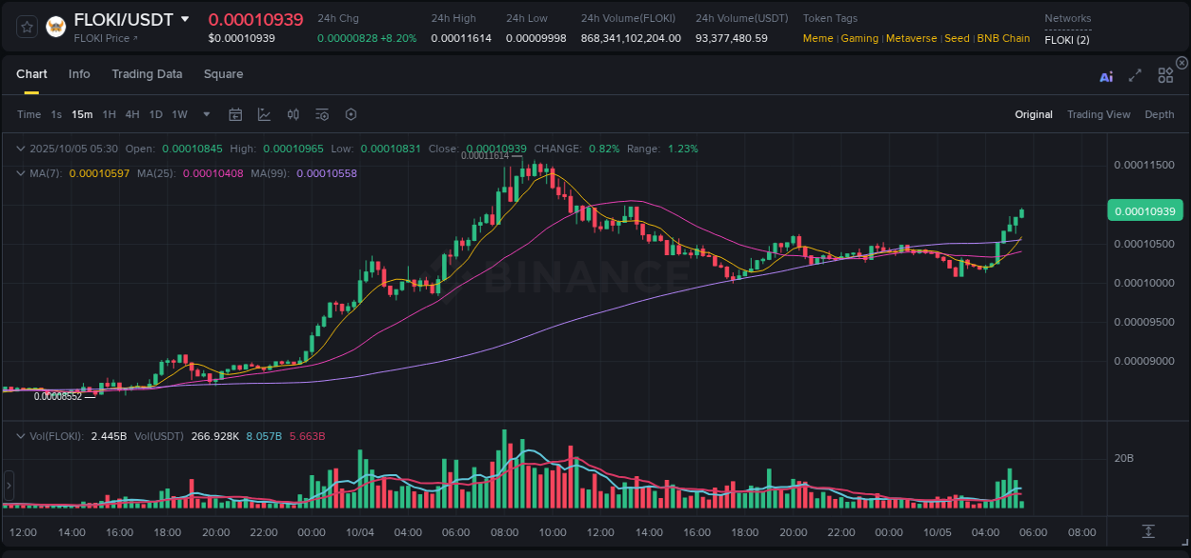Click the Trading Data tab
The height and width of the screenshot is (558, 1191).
pos(147,74)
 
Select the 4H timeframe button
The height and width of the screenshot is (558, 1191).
pos(132,114)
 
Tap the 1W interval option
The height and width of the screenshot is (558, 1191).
pos(179,114)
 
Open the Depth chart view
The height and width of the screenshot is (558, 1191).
pos(1159,114)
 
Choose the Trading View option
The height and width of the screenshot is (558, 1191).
pos(1098,114)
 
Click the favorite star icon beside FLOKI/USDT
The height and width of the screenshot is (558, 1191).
pos(27,27)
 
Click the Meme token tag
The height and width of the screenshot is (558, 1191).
pos(818,38)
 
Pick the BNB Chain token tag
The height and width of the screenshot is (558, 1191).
pos(1003,38)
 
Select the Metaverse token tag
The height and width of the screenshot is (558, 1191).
pos(912,38)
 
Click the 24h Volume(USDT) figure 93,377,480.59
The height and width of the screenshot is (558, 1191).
pos(731,38)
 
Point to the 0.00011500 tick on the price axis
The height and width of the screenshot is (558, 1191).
pos(1143,165)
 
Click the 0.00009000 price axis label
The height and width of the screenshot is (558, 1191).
pos(1143,361)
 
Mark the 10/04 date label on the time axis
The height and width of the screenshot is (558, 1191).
pos(360,532)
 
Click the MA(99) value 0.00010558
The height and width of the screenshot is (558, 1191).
pos(327,173)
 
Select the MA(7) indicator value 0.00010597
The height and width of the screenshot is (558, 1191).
pos(100,173)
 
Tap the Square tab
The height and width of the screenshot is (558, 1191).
pos(223,74)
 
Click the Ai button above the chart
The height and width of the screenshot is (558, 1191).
pos(1106,76)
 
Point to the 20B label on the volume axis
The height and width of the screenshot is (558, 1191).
pos(1124,458)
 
